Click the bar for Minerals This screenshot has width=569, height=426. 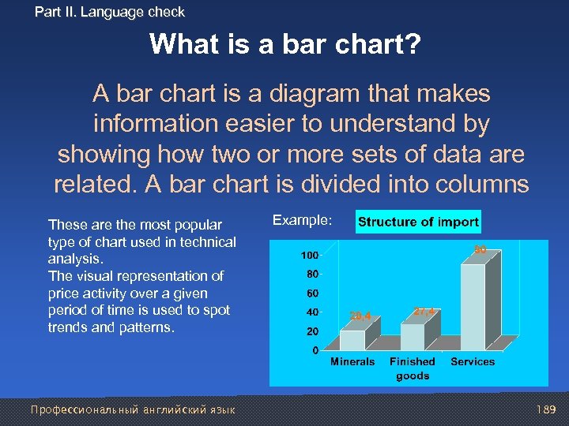click(x=352, y=340)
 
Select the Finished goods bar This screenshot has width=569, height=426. click(x=412, y=337)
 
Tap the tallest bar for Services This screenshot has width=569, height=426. click(x=473, y=307)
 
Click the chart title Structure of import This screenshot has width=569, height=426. click(x=418, y=222)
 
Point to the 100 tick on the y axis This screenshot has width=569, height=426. click(x=309, y=256)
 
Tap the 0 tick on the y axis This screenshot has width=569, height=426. click(x=315, y=349)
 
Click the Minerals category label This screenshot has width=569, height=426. click(x=352, y=362)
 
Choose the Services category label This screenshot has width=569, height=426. click(x=473, y=362)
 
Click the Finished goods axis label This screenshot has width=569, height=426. click(x=413, y=368)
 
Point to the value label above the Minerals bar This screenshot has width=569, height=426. click(x=360, y=316)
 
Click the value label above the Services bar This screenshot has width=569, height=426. click(x=480, y=250)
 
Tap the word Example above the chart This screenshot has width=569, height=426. click(x=303, y=220)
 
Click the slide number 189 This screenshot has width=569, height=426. click(x=545, y=409)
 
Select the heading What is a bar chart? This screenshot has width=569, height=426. click(x=284, y=44)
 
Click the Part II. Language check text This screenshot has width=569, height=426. click(x=110, y=12)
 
